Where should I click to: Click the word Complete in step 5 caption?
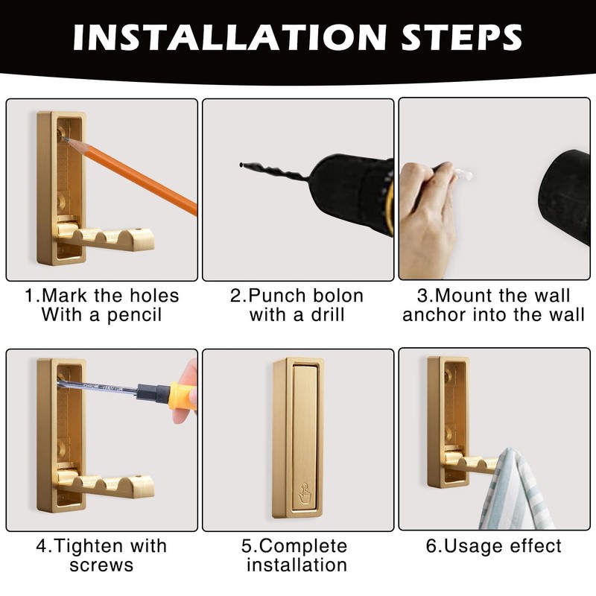[x=305, y=546]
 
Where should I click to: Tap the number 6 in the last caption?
[x=431, y=546]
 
